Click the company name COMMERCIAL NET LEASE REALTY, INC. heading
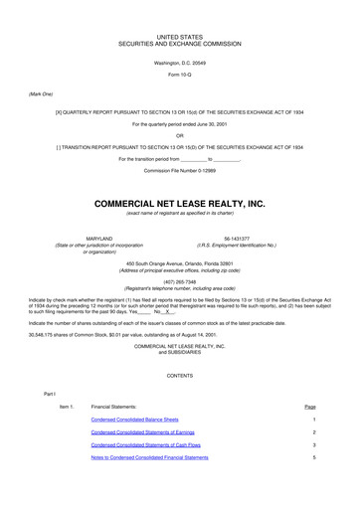(x=179, y=203)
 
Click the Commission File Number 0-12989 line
(x=179, y=170)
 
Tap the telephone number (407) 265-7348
(x=179, y=280)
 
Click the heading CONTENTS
(x=179, y=376)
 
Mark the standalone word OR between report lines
(x=179, y=135)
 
